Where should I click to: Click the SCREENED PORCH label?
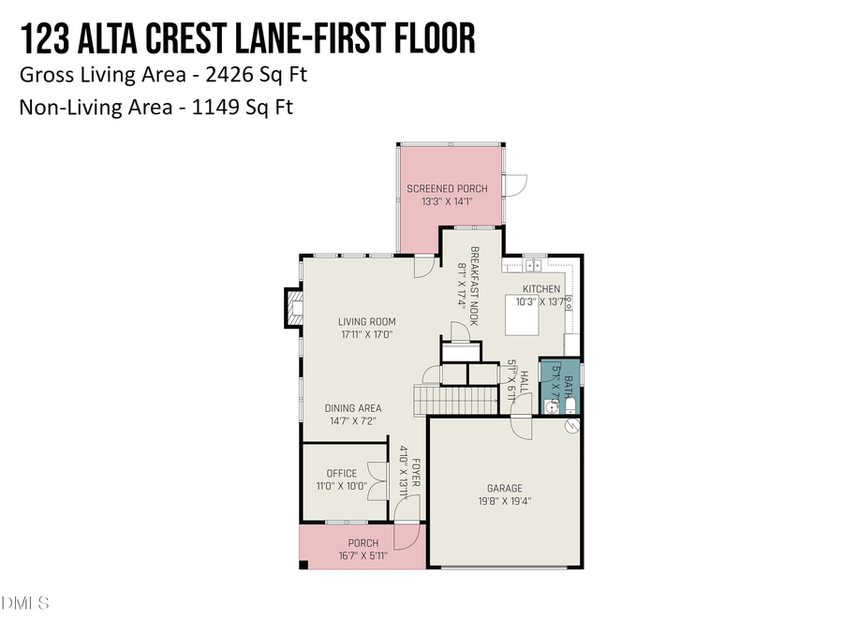coord(447,189)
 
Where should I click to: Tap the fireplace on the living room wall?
coord(293,308)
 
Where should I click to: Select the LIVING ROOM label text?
coord(366,322)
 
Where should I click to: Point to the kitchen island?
coord(524,315)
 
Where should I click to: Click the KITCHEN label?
coord(540,289)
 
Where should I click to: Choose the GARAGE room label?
coord(504,488)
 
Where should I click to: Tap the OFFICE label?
coord(341,474)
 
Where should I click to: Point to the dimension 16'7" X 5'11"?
coord(363,556)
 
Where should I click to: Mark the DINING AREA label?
coord(352,408)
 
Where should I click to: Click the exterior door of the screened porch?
coord(515,185)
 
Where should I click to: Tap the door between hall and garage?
coord(522,426)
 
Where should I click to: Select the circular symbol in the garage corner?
coord(571,426)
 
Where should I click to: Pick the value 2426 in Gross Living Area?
coord(213,74)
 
